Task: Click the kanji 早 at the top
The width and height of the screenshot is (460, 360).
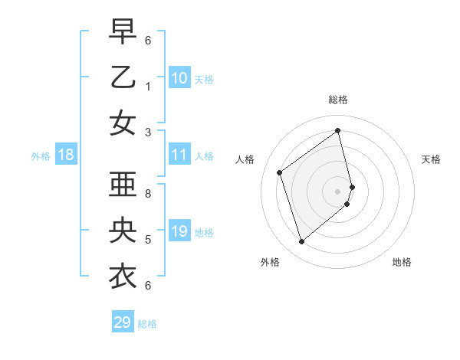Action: point(123,31)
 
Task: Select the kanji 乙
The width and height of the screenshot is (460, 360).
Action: point(123,77)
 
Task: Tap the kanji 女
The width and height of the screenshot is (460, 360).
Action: point(123,123)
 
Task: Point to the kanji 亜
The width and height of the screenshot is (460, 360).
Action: point(123,185)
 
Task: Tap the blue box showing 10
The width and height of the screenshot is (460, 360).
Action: point(179,77)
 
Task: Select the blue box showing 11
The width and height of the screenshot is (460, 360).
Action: point(179,155)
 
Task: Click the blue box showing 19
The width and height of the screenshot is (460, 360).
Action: point(179,231)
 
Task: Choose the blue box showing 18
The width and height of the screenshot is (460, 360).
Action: point(66,155)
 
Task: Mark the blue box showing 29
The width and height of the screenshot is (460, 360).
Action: point(123,322)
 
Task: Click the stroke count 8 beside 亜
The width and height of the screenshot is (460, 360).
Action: point(148,194)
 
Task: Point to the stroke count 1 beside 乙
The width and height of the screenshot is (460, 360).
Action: point(148,87)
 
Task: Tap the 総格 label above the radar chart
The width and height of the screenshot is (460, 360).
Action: point(338,100)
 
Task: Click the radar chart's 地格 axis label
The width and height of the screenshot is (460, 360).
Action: point(402,262)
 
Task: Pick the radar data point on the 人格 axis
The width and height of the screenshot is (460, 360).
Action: point(280,172)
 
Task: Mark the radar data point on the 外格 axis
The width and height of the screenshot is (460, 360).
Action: point(301,242)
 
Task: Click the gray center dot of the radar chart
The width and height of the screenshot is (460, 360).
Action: point(338,191)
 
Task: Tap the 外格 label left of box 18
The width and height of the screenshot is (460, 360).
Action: point(41,155)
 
